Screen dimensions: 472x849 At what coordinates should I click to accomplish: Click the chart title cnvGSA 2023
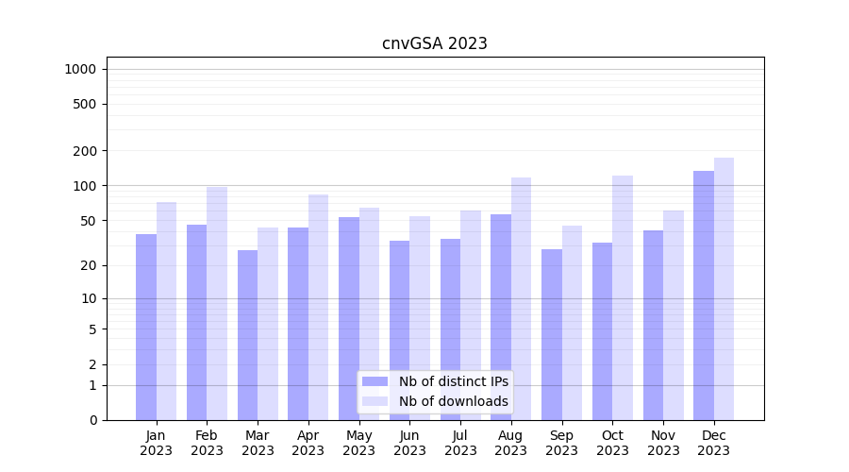click(435, 43)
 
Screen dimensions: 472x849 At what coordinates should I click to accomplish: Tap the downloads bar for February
click(217, 303)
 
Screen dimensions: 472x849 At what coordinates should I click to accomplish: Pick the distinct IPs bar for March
click(248, 335)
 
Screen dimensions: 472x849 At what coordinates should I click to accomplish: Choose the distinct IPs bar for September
click(552, 334)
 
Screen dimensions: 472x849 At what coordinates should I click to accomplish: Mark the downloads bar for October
click(623, 297)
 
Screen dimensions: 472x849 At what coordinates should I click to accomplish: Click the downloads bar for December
click(724, 289)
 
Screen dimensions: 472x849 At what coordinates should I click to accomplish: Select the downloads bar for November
click(674, 315)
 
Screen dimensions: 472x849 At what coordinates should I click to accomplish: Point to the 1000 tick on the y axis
click(79, 69)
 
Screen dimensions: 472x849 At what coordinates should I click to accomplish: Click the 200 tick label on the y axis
click(86, 151)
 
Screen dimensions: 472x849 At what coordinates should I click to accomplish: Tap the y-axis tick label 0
click(92, 420)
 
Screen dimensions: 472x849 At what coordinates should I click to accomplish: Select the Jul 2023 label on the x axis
click(460, 443)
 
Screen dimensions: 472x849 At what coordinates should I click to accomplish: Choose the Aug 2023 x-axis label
click(511, 443)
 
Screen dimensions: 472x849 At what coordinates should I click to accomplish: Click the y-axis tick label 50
click(89, 221)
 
